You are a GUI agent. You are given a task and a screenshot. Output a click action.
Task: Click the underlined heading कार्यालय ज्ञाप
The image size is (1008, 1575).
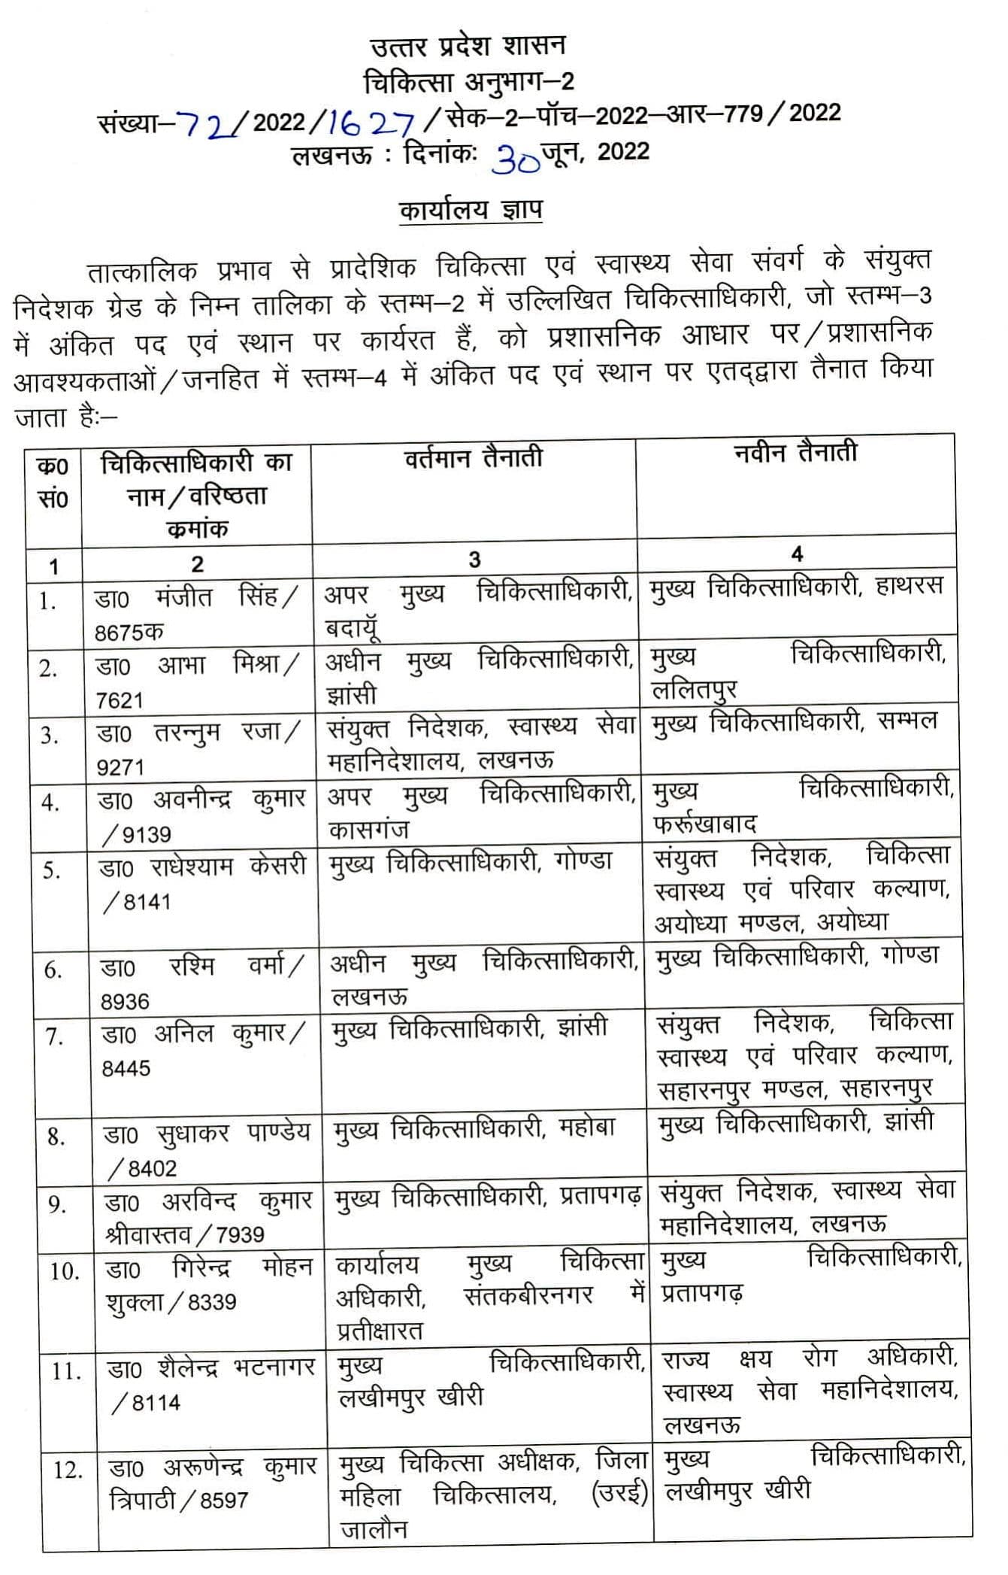pos(471,210)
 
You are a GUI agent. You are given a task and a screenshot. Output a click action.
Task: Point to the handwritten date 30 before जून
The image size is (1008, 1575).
pos(516,158)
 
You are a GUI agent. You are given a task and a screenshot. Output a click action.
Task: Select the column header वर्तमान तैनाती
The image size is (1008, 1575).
pos(473,458)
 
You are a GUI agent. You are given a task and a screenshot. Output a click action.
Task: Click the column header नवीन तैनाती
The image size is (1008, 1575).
pos(795,453)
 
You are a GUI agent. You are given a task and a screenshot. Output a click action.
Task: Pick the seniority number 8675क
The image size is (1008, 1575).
pos(129,633)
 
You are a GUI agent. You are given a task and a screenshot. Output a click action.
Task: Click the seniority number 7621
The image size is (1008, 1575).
pos(120,700)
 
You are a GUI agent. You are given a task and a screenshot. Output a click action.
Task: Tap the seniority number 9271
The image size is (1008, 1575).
pos(120,767)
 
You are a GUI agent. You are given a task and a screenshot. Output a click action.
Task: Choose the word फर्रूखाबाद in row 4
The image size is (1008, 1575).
pos(705,824)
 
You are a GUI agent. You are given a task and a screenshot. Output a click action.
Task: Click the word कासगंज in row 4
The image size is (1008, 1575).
pos(368,830)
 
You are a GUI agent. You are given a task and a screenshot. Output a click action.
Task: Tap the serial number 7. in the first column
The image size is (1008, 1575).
pos(53,1037)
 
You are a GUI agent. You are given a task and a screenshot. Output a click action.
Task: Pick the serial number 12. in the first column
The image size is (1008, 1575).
pos(68,1469)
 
